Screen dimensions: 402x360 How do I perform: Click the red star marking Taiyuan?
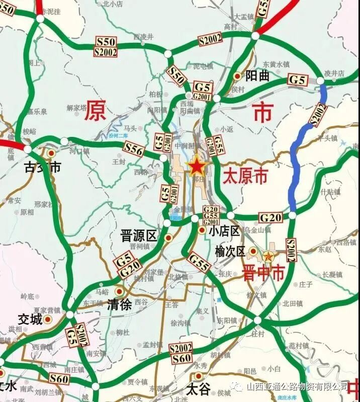(x=196, y=167)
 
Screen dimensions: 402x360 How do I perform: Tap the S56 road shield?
(x=134, y=148)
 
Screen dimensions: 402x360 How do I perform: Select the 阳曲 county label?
(x=257, y=75)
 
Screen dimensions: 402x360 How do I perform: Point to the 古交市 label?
(x=43, y=167)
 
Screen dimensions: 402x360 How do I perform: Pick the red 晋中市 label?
(x=263, y=273)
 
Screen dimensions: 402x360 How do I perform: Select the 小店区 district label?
(x=223, y=230)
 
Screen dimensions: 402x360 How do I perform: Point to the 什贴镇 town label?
(x=330, y=192)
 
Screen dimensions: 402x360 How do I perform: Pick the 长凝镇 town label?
(x=332, y=274)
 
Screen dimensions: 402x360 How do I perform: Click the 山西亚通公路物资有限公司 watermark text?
(x=297, y=386)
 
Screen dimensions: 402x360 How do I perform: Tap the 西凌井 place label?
(x=143, y=37)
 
